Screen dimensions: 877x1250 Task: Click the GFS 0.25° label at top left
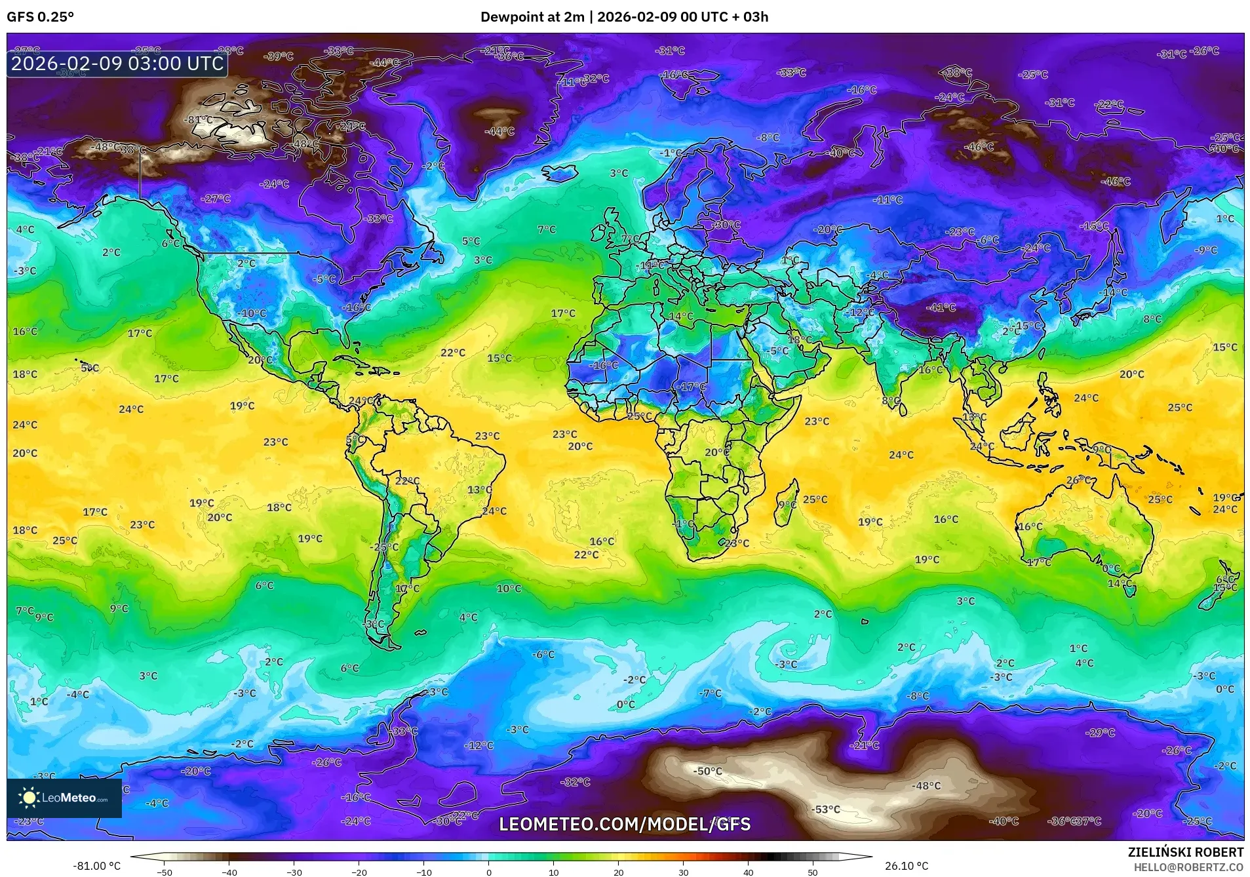(40, 17)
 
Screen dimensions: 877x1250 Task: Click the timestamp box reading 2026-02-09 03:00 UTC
(117, 64)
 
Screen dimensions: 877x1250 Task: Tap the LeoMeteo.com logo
(64, 798)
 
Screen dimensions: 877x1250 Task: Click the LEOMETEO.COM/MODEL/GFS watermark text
(624, 824)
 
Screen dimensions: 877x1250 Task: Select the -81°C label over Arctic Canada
(199, 120)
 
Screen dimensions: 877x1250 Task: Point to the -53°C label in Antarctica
(825, 809)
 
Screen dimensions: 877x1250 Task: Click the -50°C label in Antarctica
(707, 771)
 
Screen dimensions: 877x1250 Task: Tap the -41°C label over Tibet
(941, 307)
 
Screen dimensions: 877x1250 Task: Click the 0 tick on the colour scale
(488, 872)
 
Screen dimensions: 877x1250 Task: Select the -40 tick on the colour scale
(229, 872)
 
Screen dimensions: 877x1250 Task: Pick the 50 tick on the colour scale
(812, 872)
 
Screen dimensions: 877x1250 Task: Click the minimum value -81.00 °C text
(96, 866)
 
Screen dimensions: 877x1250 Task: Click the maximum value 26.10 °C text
(906, 866)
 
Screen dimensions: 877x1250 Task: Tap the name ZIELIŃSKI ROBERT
(1185, 852)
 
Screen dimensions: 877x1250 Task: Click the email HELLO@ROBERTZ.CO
(1188, 867)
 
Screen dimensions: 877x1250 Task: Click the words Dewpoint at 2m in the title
(532, 17)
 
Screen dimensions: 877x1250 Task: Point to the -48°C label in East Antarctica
(926, 786)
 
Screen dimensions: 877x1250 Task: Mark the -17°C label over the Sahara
(692, 387)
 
